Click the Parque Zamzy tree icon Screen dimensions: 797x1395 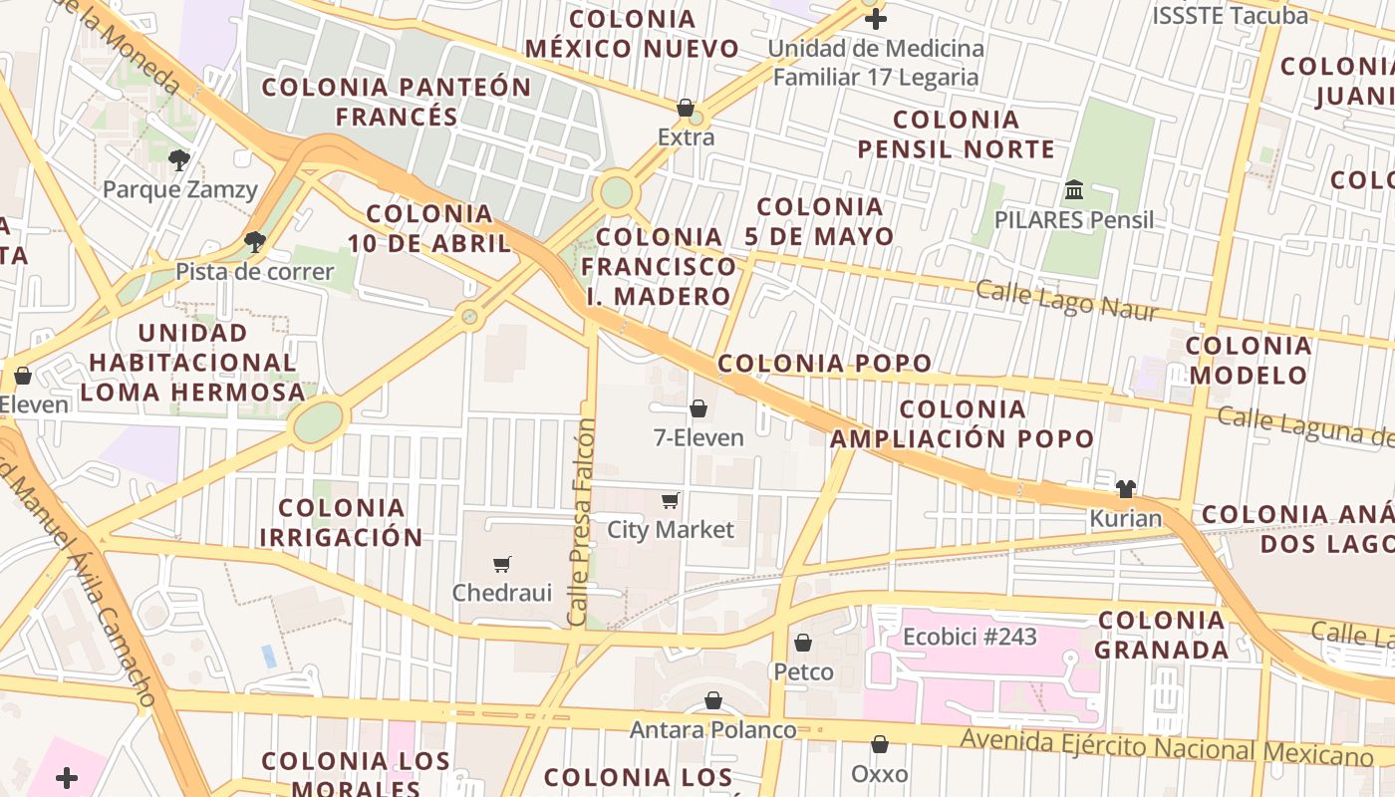coord(179,159)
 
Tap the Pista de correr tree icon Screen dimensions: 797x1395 coord(255,241)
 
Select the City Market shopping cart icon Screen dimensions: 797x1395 coord(671,500)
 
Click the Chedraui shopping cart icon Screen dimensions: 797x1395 coord(502,564)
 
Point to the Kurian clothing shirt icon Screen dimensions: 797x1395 coord(1126,488)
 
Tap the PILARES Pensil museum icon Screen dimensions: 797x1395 coord(1074,189)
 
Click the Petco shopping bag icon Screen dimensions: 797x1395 coord(803,643)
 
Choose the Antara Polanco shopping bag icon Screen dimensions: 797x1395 coord(713,700)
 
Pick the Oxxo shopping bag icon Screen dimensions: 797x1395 coord(880,744)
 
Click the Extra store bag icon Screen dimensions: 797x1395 coord(686,108)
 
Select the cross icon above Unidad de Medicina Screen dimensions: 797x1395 coord(876,18)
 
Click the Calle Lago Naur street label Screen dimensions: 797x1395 coord(1066,300)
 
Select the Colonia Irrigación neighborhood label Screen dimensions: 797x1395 coord(342,523)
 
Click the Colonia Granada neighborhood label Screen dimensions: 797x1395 coord(1162,636)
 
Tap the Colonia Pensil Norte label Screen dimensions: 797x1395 coord(957,134)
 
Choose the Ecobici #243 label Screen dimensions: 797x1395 coord(970,637)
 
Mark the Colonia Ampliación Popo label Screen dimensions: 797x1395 coord(963,423)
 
